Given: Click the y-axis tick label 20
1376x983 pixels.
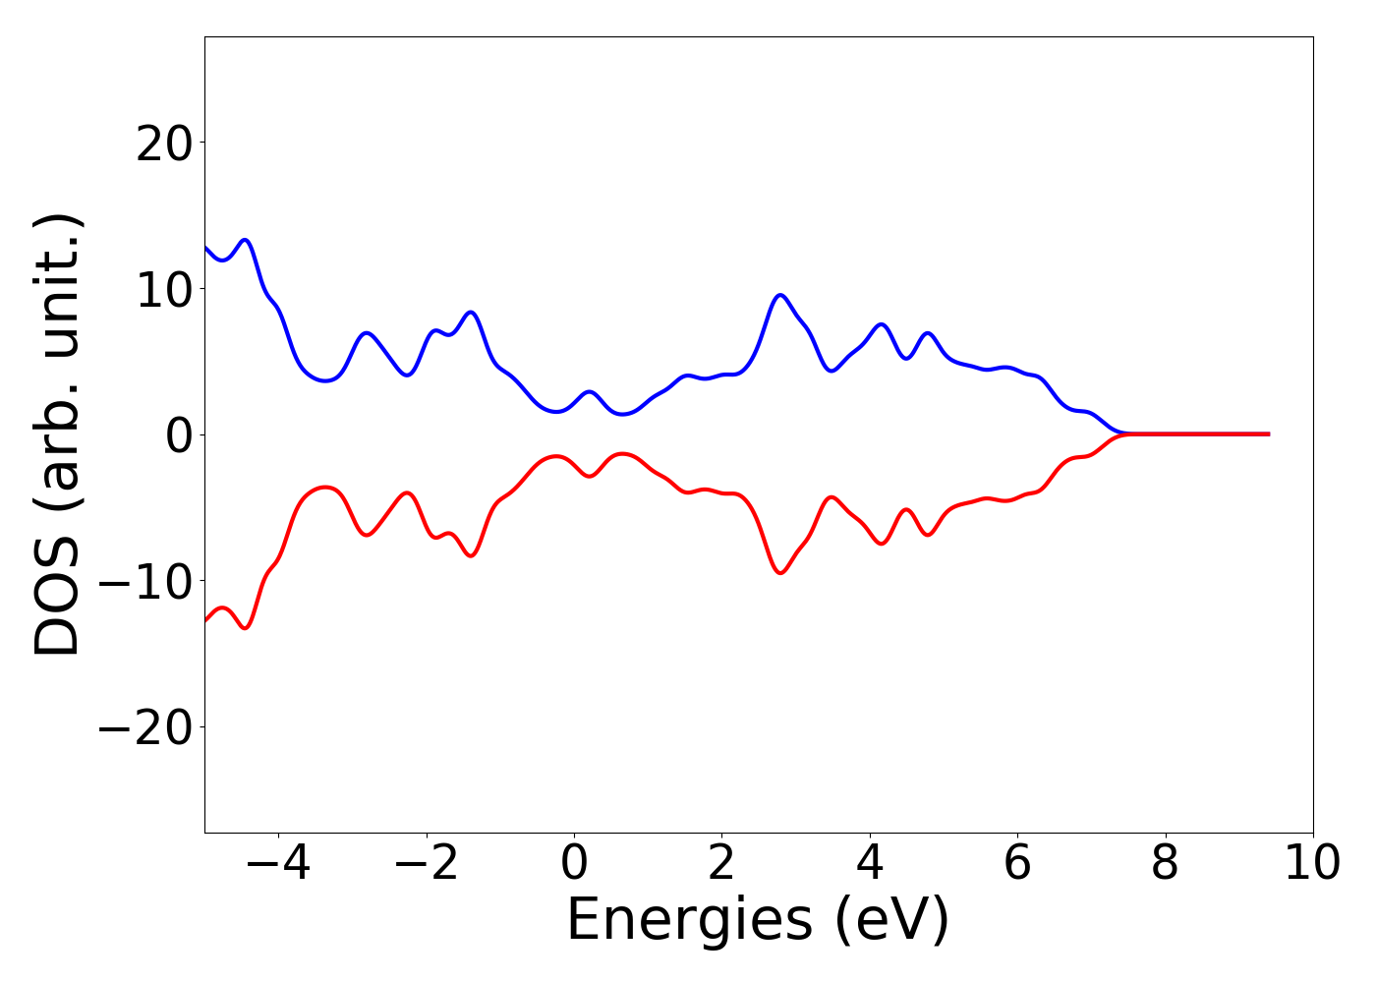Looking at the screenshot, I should pyautogui.click(x=165, y=145).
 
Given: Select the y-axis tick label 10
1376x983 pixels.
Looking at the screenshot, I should pyautogui.click(x=165, y=290).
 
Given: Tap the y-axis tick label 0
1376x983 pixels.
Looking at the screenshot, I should pyautogui.click(x=179, y=435).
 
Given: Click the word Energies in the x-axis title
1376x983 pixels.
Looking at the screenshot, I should pyautogui.click(x=689, y=921).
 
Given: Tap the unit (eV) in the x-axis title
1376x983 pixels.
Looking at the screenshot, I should pyautogui.click(x=891, y=921).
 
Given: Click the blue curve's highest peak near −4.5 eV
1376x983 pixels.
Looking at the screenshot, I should pyautogui.click(x=245, y=240).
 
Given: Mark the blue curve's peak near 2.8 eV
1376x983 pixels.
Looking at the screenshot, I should pyautogui.click(x=780, y=295).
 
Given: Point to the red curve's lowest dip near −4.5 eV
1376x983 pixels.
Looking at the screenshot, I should pyautogui.click(x=245, y=627).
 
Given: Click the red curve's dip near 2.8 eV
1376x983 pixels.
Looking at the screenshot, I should pyautogui.click(x=780, y=572).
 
